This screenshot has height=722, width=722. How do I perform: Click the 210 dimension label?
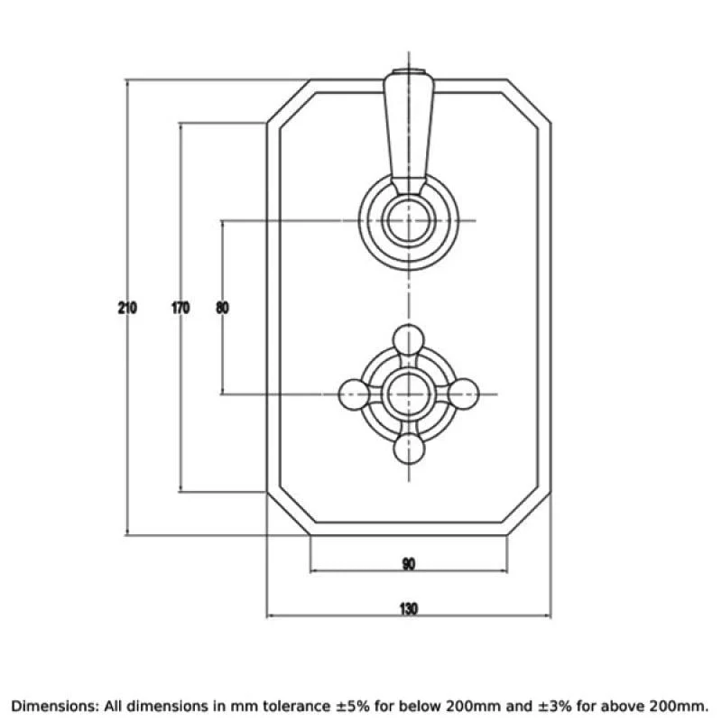click(127, 308)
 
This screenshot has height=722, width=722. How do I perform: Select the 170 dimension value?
click(180, 308)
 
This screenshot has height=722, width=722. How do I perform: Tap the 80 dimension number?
click(222, 308)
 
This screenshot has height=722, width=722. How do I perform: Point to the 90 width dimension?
click(409, 563)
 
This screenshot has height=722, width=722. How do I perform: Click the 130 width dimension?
click(409, 608)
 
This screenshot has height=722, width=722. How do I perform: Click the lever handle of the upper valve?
click(409, 134)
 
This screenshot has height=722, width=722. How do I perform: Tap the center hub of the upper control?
click(409, 220)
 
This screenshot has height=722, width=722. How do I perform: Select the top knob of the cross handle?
click(409, 340)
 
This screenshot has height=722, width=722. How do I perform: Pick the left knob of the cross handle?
click(354, 394)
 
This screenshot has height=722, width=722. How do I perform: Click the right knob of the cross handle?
click(464, 394)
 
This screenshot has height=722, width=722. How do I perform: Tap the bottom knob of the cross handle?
click(409, 449)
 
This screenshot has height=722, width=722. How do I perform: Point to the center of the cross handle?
click(409, 394)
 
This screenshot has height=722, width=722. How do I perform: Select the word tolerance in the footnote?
click(296, 706)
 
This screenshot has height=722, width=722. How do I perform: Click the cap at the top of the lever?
click(409, 72)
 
